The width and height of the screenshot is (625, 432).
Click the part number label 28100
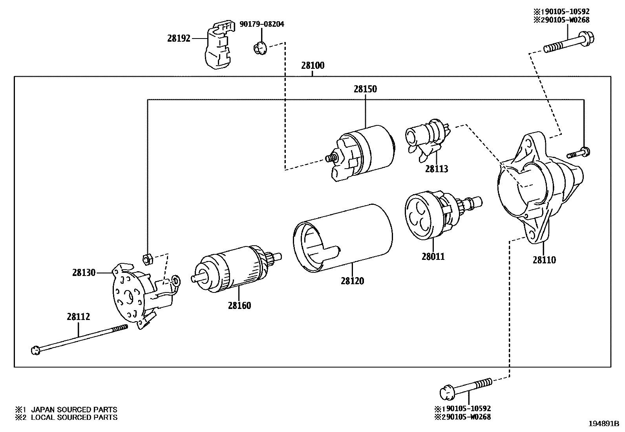tap(312, 66)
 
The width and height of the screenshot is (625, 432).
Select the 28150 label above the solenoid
tap(365, 89)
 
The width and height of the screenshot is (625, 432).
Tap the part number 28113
tap(436, 169)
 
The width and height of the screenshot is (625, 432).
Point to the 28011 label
tap(433, 257)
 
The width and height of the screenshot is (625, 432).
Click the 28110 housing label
tap(544, 260)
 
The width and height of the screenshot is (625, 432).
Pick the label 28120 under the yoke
tap(352, 281)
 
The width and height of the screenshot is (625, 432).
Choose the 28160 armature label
tap(239, 305)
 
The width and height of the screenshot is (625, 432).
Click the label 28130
tap(84, 272)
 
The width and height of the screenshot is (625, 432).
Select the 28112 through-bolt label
tap(78, 316)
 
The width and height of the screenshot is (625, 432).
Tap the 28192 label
tap(179, 38)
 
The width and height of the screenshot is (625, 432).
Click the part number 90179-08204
tap(261, 24)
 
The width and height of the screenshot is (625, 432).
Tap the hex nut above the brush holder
tap(146, 258)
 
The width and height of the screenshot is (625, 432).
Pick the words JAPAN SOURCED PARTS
tap(74, 410)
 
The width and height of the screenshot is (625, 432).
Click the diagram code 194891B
tap(603, 424)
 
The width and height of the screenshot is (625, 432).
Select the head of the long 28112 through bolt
tap(35, 350)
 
